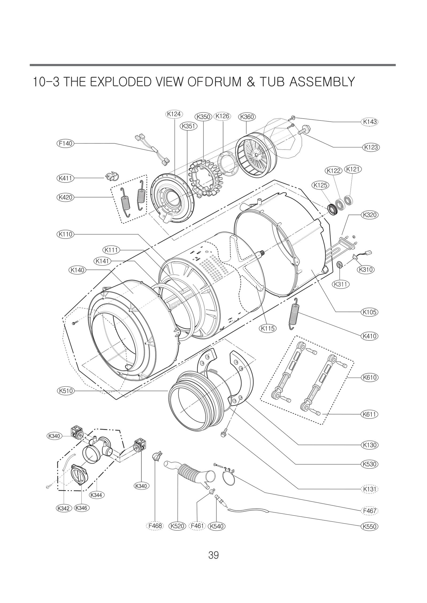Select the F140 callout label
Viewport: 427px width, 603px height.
(65, 143)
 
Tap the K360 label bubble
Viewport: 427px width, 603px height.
(247, 117)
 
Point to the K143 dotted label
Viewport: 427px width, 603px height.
(370, 122)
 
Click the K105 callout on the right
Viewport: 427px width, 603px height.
(370, 312)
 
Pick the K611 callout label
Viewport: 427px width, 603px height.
(370, 414)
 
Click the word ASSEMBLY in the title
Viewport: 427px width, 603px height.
(322, 82)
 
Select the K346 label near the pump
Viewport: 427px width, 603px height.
(81, 508)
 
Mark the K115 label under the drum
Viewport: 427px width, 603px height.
(268, 328)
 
